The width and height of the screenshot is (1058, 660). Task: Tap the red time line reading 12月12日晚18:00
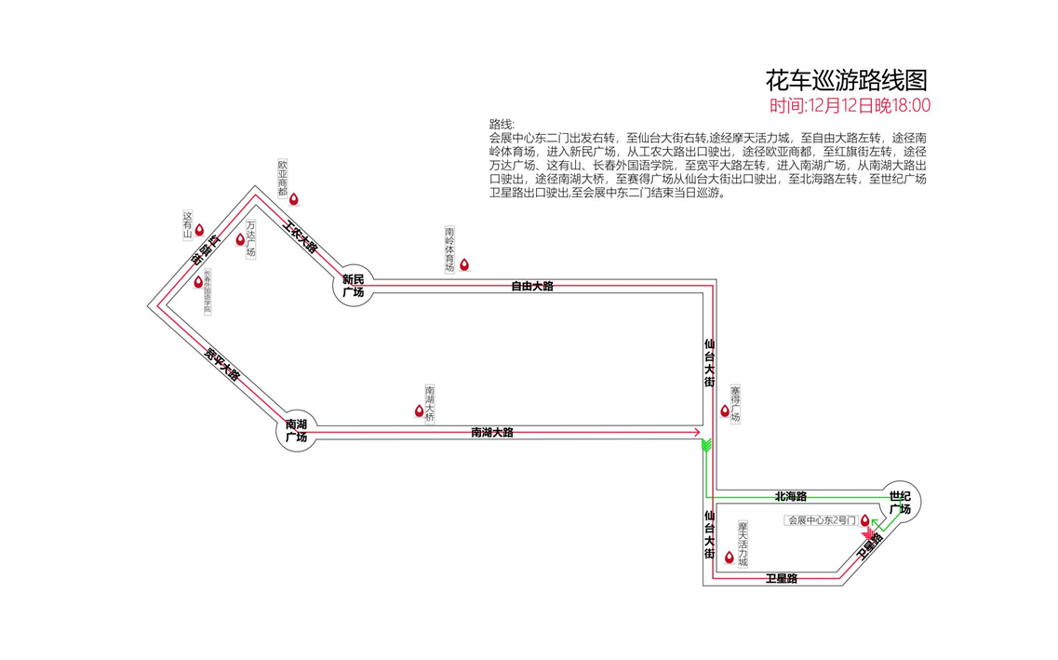850,106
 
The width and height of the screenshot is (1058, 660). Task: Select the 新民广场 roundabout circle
353,286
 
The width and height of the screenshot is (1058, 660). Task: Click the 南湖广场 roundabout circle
297,431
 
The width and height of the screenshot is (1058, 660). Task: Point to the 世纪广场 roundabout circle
900,503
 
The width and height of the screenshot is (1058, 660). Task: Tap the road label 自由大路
531,286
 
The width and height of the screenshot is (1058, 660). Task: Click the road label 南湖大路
491,432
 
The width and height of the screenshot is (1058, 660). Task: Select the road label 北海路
790,496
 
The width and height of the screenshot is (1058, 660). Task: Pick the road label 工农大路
301,236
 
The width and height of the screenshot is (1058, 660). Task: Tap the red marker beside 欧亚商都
294,198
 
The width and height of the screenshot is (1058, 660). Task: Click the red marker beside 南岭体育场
464,264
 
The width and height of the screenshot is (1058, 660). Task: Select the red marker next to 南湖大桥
420,410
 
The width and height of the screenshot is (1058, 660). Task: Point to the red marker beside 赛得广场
725,410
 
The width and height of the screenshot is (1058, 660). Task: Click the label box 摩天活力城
743,544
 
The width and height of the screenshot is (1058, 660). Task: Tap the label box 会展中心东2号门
821,520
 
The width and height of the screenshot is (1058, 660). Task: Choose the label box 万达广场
251,239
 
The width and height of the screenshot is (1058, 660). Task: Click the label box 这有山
187,226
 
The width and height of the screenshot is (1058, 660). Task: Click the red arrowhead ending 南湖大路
696,432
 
